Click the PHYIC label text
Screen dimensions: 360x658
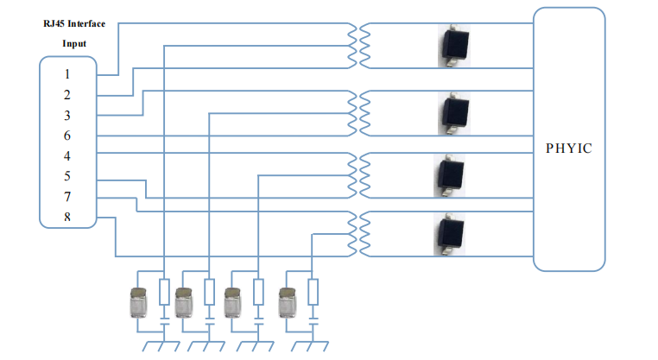click(x=569, y=148)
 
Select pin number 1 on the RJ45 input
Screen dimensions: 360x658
click(x=67, y=74)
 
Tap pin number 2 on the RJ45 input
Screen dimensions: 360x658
click(x=67, y=94)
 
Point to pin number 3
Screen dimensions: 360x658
click(x=67, y=115)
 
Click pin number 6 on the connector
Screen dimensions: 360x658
click(x=67, y=136)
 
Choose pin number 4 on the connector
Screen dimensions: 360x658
click(x=67, y=156)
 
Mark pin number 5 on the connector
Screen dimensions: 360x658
click(x=67, y=177)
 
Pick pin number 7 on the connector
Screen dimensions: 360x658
click(x=67, y=197)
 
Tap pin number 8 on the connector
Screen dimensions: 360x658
click(x=67, y=217)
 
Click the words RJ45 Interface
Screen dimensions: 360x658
click(x=74, y=23)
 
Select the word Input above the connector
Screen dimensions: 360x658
click(x=74, y=43)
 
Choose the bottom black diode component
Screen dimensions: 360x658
click(x=449, y=234)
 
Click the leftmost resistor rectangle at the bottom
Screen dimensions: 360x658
click(x=164, y=291)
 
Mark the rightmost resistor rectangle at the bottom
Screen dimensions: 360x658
click(x=313, y=291)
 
